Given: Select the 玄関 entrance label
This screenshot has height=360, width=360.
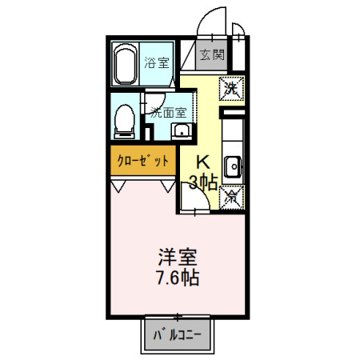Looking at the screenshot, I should pos(213,56).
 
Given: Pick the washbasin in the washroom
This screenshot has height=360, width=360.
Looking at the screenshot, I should pos(181,131).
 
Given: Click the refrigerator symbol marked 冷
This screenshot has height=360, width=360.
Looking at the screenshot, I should pos(232,194).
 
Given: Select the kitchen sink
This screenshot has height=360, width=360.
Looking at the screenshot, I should pos(233,166).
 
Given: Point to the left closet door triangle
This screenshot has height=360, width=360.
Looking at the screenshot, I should pos(119,186).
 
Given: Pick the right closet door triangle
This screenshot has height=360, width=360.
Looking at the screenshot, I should pos(168,186).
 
